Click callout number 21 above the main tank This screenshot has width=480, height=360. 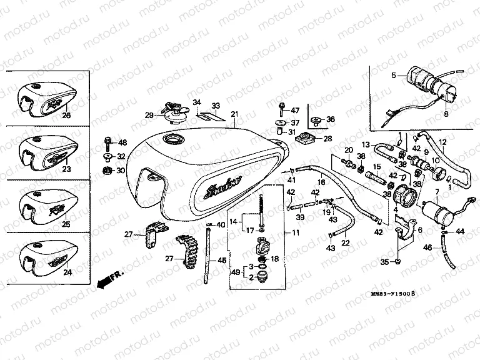[x=234, y=114]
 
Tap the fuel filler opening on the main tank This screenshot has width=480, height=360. [x=172, y=138]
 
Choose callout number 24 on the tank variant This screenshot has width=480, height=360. [x=68, y=272]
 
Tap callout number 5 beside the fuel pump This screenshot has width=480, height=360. [x=394, y=76]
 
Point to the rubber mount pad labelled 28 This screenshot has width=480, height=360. [x=307, y=138]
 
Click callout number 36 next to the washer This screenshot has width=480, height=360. [x=331, y=119]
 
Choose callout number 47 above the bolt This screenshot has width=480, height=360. [x=296, y=111]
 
